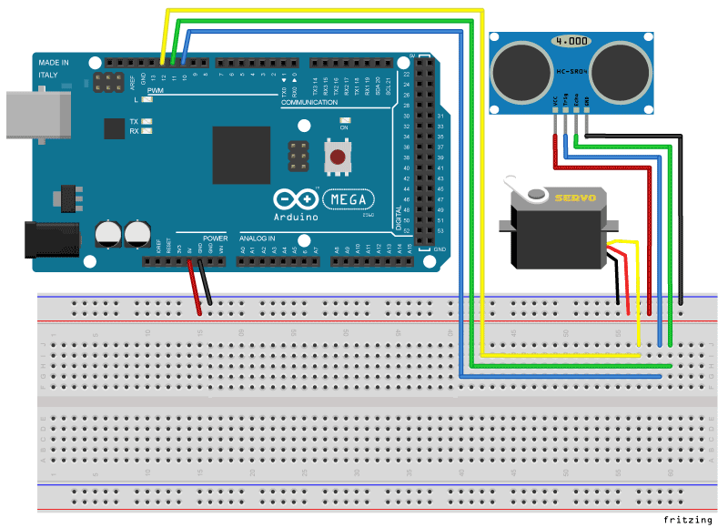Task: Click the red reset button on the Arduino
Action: [339, 157]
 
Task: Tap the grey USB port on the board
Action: [36, 115]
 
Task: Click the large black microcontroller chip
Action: [241, 156]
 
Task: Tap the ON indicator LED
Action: [344, 120]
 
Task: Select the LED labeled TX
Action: [147, 121]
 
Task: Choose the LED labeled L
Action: [147, 100]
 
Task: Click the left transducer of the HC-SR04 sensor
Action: [518, 69]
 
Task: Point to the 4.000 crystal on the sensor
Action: [571, 42]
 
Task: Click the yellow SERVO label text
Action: [575, 197]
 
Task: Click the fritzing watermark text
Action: [687, 519]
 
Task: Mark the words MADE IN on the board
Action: [53, 62]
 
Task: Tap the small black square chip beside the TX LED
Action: [114, 128]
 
